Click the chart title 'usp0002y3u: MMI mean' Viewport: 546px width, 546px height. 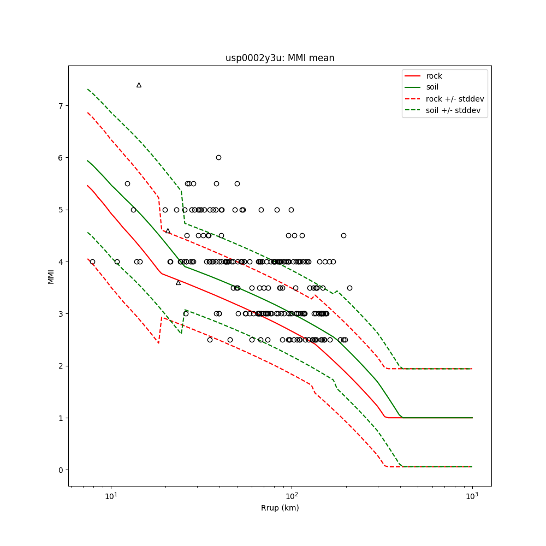coord(280,58)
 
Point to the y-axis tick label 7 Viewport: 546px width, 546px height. coord(61,105)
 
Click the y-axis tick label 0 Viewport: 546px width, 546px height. coord(61,470)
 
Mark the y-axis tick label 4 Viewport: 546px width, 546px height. coord(61,262)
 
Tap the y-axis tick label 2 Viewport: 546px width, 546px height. coord(61,366)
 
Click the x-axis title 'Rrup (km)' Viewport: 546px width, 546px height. coord(280,508)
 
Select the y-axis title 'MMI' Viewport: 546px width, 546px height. coord(51,276)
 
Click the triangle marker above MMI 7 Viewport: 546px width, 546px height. coord(139,85)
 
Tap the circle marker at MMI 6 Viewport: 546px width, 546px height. coord(218,157)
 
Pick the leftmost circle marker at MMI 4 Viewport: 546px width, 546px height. coord(92,262)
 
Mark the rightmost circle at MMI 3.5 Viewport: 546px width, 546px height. coord(349,288)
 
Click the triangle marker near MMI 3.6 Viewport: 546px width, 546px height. coord(178,282)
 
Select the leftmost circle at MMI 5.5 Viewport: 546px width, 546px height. coord(127,183)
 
